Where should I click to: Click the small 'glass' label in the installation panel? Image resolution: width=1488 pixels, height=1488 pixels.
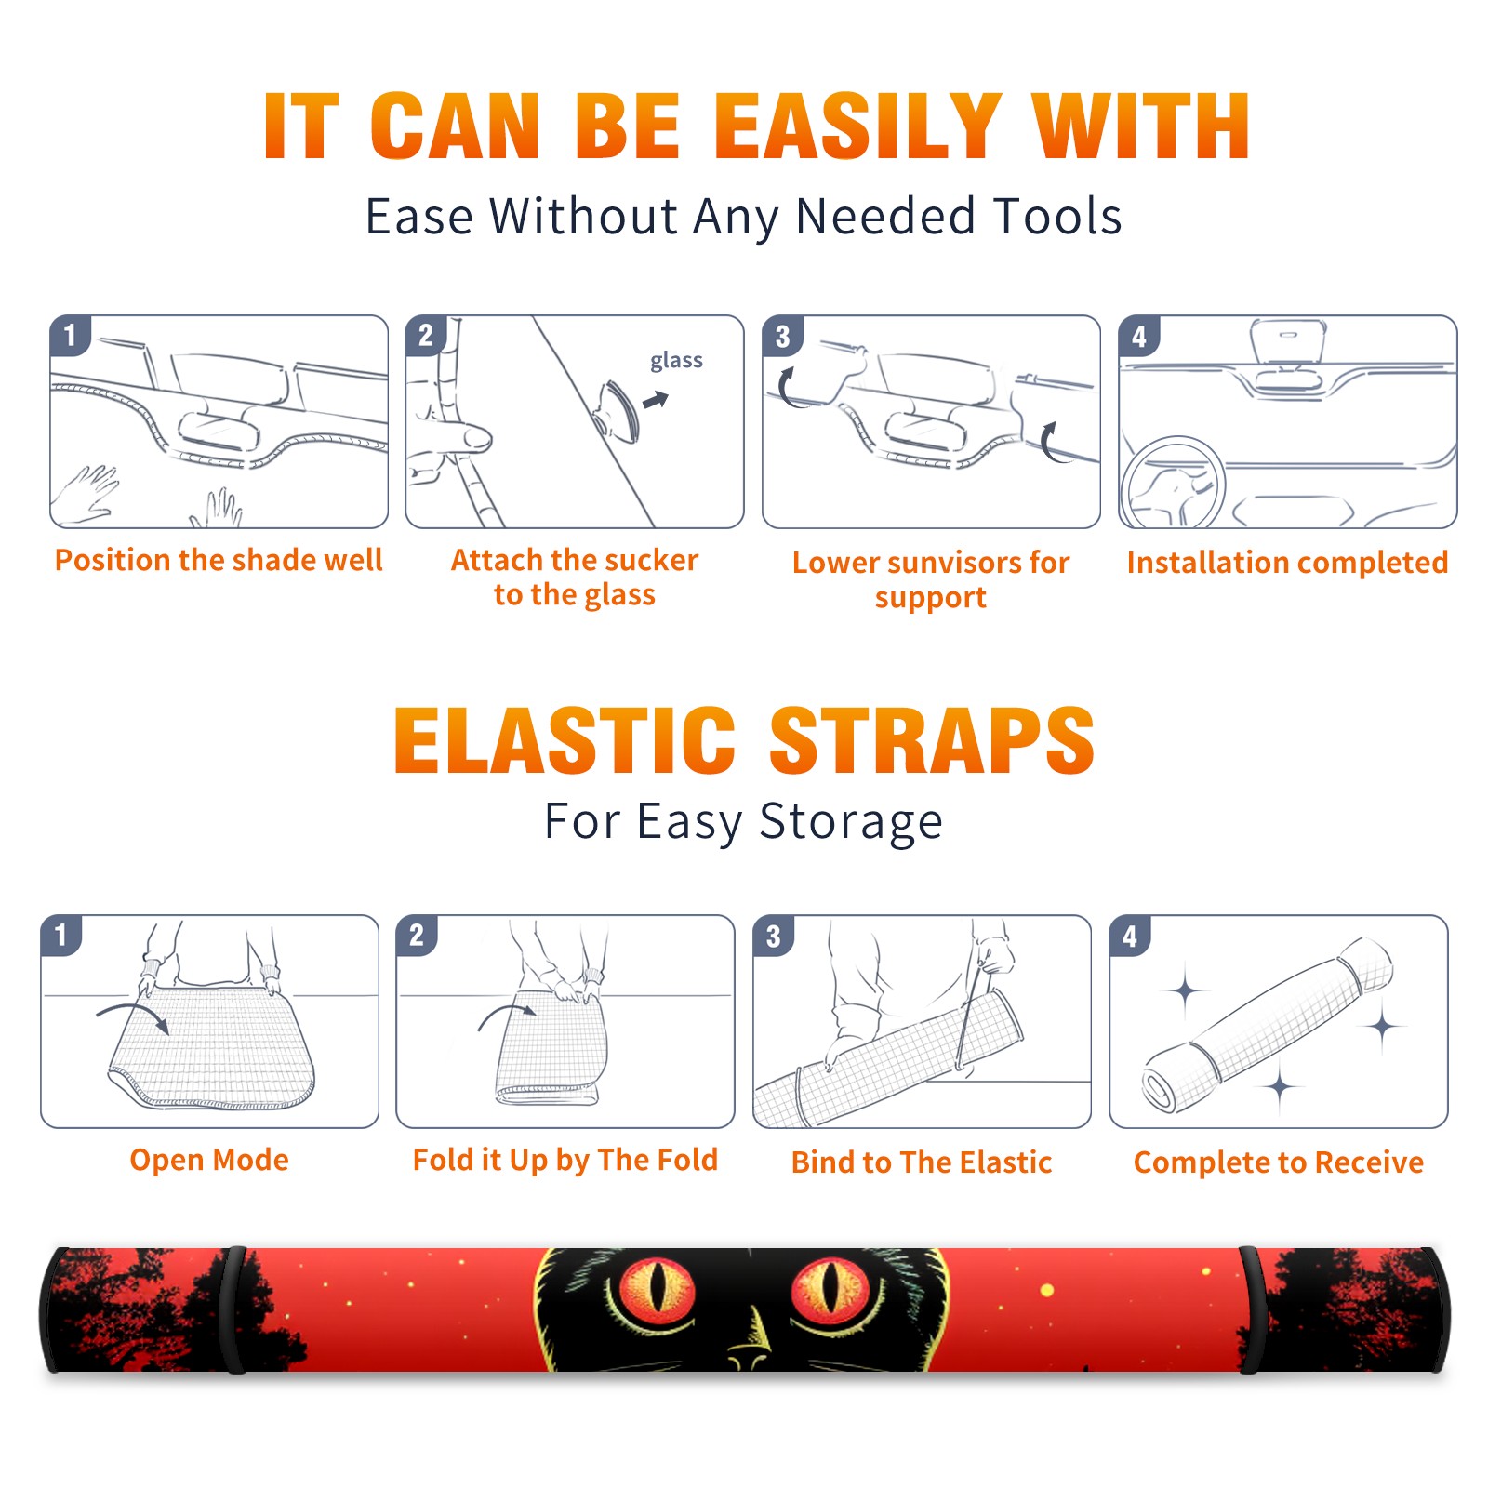coord(676,361)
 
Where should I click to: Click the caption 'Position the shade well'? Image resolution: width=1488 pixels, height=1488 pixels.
coord(219,560)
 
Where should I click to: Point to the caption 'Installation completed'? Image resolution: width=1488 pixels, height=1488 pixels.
coord(1287,563)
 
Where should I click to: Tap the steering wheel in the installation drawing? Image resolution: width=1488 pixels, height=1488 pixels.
coord(1173,484)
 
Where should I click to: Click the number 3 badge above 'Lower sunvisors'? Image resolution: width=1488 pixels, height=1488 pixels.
coord(782,336)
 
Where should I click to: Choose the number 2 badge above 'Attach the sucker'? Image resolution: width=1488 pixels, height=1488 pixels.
coord(426,335)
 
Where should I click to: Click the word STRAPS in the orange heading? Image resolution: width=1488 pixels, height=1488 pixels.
coord(932,740)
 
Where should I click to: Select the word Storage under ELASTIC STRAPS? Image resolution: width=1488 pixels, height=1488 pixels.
coord(851,822)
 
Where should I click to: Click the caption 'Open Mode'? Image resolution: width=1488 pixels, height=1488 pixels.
coord(209,1160)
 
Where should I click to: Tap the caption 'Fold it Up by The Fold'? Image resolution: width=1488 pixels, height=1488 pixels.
coord(565,1160)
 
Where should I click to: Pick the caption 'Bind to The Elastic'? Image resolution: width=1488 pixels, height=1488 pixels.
coord(922,1162)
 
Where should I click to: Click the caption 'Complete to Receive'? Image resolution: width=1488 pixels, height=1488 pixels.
coord(1279,1162)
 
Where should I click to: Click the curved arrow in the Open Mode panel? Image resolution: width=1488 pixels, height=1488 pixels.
coord(133,1007)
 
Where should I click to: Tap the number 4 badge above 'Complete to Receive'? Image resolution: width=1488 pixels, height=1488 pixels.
coord(1130,936)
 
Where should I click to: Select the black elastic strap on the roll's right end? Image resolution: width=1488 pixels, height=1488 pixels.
coord(1253,1309)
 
